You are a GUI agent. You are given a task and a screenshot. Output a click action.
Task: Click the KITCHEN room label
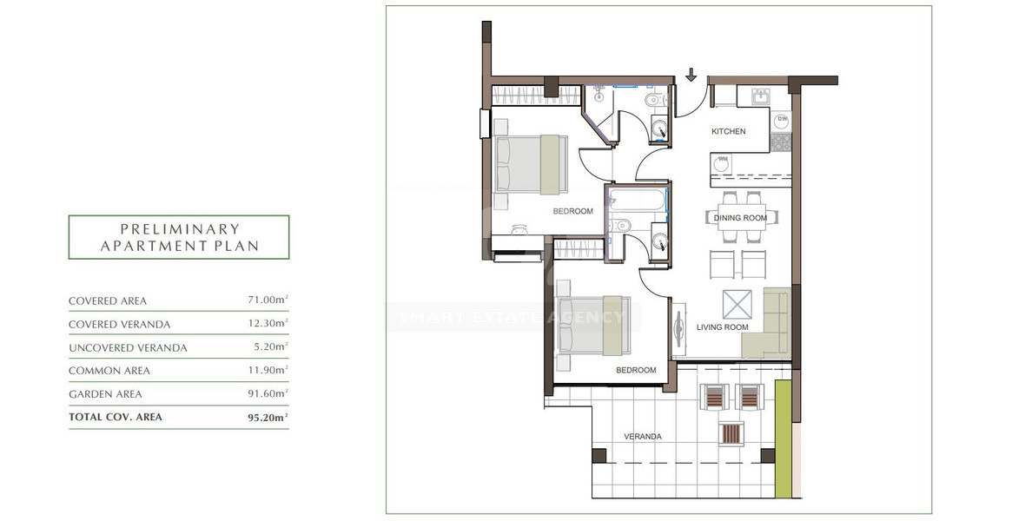point(728,132)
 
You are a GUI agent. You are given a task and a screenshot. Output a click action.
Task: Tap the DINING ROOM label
point(740,218)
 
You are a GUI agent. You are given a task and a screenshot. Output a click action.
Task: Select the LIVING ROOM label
point(722,327)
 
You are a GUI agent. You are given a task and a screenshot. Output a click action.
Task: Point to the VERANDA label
point(644,437)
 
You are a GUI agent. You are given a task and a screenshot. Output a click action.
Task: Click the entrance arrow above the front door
point(691,76)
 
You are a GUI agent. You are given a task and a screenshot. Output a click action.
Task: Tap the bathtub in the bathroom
point(637,201)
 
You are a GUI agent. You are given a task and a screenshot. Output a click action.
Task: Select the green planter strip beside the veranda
point(783,439)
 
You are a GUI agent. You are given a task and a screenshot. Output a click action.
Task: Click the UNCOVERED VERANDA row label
point(128,347)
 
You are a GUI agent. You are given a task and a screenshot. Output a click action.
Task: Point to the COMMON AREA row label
point(109,371)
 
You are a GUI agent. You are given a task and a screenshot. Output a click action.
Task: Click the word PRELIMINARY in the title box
point(179,229)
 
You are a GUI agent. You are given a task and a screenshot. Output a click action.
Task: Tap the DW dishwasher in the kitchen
point(782,119)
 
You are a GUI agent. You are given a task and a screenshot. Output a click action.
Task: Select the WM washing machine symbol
point(723,160)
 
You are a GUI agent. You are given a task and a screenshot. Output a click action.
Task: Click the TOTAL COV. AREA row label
point(116,417)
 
